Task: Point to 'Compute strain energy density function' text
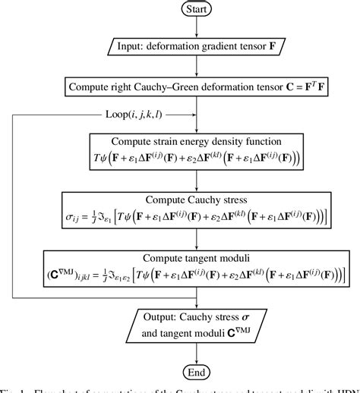(x=197, y=142)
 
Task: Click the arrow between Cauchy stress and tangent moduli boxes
(x=197, y=238)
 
